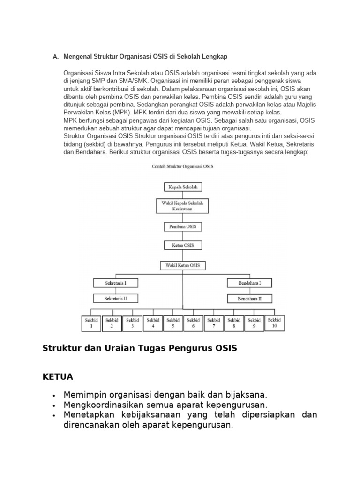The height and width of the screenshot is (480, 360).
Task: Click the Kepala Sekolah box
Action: [183, 187]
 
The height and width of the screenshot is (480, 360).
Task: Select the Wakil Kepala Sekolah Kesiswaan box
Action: [183, 206]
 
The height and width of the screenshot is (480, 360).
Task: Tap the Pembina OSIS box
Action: [183, 227]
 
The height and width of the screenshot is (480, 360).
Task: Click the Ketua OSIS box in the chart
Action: [183, 245]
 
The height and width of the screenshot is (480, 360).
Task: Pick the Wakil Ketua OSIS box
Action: [183, 265]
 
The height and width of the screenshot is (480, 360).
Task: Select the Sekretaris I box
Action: [115, 283]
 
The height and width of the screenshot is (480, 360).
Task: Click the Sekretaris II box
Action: [115, 298]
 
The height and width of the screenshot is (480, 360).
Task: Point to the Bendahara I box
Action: [249, 283]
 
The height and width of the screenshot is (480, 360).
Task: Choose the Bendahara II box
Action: [249, 298]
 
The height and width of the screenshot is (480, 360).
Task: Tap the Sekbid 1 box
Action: [91, 323]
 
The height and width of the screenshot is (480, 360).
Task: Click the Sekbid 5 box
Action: [173, 323]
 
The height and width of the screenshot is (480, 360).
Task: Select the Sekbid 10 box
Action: [275, 322]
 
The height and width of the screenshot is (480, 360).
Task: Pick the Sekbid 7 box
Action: [214, 323]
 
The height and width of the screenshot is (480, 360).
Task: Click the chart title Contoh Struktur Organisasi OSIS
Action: [183, 166]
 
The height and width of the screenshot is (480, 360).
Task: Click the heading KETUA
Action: [58, 377]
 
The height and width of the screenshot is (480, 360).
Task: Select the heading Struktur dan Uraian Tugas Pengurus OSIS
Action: [140, 348]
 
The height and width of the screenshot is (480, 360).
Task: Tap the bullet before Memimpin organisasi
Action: [55, 395]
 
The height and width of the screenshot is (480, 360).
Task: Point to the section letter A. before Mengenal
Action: [55, 57]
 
